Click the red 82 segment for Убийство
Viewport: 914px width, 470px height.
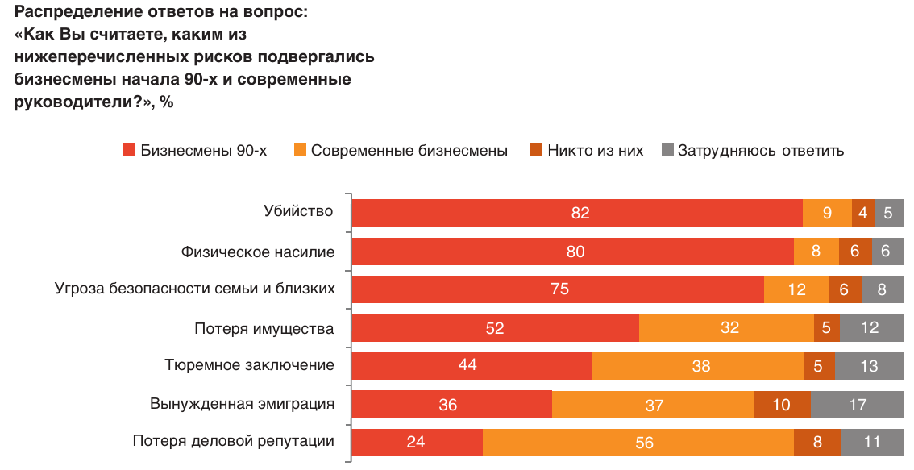[x=577, y=213]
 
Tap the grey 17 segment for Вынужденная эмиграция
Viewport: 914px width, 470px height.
[x=857, y=404]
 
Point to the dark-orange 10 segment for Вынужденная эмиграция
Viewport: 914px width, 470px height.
[x=782, y=404]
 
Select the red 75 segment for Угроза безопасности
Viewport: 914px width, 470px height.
[x=558, y=289]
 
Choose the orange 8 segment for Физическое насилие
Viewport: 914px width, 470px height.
[x=816, y=251]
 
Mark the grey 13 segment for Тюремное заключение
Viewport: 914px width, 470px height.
[x=869, y=365]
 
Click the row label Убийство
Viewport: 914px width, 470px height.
[x=298, y=211]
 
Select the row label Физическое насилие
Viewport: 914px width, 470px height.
[x=257, y=252]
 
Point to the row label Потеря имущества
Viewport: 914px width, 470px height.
[x=264, y=328]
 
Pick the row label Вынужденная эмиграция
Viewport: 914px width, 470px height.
[x=242, y=403]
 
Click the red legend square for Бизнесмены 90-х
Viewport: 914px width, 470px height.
[x=129, y=150]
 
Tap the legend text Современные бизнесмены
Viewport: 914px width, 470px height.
[x=409, y=150]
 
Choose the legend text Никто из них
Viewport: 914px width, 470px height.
[x=595, y=150]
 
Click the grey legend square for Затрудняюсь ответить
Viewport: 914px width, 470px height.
[x=667, y=150]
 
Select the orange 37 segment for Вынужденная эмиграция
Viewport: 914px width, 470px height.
[x=653, y=404]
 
